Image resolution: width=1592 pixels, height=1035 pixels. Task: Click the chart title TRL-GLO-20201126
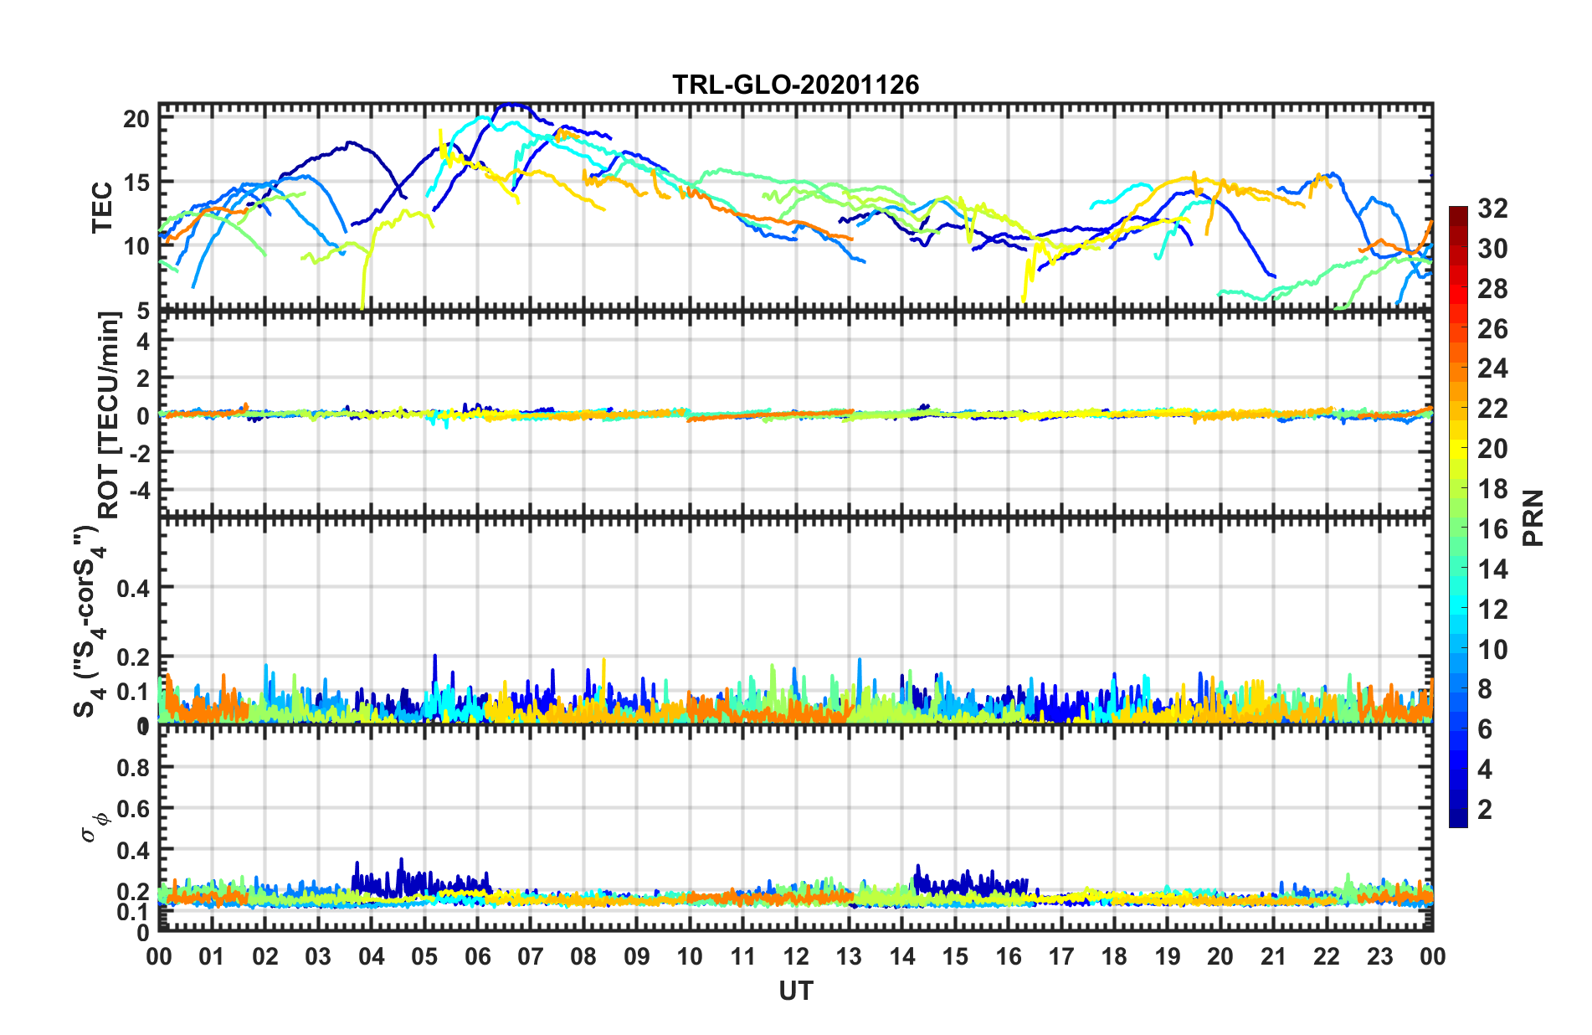point(795,85)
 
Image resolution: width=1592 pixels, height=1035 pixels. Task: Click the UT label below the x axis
point(795,991)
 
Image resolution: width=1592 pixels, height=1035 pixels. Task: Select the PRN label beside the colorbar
point(1533,517)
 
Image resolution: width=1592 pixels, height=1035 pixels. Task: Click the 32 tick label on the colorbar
point(1492,209)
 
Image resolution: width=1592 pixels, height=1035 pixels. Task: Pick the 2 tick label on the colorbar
point(1485,810)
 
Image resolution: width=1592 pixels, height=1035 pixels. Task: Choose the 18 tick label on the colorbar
point(1492,489)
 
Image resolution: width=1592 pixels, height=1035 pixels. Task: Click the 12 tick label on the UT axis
point(795,956)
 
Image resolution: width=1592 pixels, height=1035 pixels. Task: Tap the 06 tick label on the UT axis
point(477,956)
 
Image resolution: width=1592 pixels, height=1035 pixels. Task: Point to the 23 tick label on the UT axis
point(1379,956)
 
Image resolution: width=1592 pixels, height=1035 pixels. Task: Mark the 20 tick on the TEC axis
point(136,119)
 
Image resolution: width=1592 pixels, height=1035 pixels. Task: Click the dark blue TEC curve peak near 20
point(510,106)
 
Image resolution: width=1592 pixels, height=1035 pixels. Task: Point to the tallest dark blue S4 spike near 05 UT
point(434,657)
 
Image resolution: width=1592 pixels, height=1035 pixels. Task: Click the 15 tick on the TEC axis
point(136,182)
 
